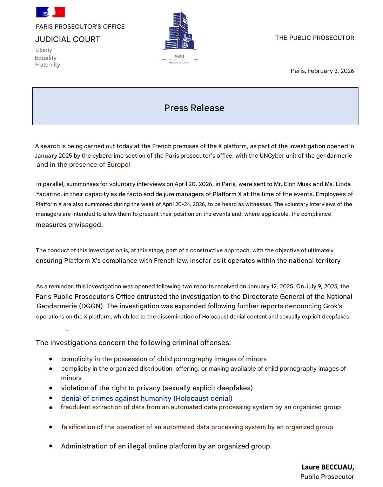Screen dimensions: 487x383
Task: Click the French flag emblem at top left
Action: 51,12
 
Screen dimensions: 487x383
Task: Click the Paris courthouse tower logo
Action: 180,32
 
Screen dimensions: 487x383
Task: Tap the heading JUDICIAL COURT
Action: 68,40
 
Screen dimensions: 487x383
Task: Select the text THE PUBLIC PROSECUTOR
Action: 315,38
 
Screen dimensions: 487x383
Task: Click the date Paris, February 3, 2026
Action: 322,71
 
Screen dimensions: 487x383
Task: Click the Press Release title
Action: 194,108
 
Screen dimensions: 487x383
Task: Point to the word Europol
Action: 119,165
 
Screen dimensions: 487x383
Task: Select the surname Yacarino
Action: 48,194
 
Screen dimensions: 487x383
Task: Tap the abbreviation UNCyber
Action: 272,156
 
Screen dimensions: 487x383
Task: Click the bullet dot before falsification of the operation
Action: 51,427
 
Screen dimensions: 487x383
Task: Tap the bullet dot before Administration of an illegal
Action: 51,446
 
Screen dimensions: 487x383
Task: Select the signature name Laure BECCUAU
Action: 328,467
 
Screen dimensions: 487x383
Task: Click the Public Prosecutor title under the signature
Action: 327,477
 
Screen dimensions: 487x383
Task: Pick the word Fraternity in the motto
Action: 48,65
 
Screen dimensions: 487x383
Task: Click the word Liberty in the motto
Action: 44,50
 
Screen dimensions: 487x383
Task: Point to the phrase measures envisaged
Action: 69,225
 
